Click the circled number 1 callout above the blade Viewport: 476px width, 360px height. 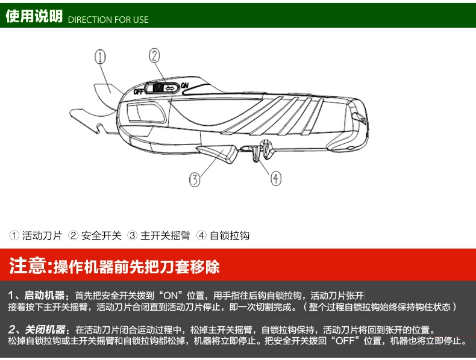(101, 57)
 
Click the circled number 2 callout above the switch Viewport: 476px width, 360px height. (154, 56)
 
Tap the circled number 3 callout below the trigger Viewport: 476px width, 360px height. (195, 179)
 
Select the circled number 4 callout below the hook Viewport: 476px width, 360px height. (275, 178)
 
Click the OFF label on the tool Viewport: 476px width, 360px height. (139, 91)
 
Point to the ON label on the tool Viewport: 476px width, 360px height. (184, 85)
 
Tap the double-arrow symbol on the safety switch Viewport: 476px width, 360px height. (170, 88)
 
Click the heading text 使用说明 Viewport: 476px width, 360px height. (34, 16)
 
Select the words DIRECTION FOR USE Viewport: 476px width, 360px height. (108, 20)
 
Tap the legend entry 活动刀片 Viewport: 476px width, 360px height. (42, 235)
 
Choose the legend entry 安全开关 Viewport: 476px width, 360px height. (101, 235)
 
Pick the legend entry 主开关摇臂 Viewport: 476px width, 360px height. (166, 235)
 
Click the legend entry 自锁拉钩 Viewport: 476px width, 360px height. (230, 235)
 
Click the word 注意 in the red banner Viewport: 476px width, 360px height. (28, 265)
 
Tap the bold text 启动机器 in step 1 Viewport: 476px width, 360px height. (45, 295)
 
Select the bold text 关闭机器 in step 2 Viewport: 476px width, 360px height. (45, 329)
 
